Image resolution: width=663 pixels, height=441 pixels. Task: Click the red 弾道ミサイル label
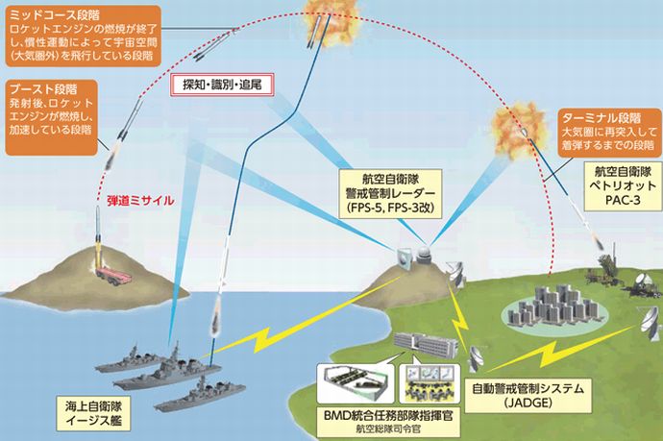click(x=140, y=201)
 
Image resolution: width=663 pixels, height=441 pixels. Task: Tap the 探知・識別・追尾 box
click(x=222, y=85)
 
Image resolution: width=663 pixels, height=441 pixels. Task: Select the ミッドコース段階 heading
click(x=55, y=15)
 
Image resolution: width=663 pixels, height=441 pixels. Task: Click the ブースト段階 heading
click(x=43, y=89)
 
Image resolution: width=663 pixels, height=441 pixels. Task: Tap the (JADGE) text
click(x=528, y=403)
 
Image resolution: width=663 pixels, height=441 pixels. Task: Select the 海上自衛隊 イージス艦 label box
click(x=93, y=414)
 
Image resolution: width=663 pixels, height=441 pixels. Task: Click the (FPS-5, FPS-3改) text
click(x=390, y=208)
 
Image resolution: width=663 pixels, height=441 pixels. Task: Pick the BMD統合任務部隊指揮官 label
click(x=388, y=416)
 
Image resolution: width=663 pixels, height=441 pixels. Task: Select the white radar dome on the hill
click(x=423, y=256)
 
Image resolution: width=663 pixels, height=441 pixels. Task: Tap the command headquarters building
click(x=425, y=344)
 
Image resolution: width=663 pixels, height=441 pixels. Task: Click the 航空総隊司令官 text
click(x=388, y=429)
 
